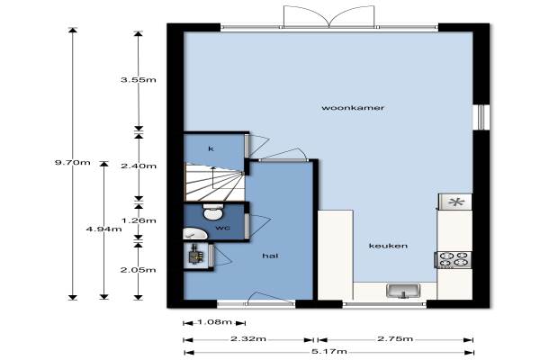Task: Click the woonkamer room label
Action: (x=353, y=108)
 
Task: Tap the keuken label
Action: (x=388, y=246)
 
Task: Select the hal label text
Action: (x=270, y=256)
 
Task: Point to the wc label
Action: (x=223, y=228)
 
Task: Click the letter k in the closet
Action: (x=211, y=148)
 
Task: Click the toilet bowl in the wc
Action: (x=213, y=211)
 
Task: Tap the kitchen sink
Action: (x=402, y=291)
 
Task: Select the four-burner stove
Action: (x=454, y=259)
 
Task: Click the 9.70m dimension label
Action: (x=73, y=162)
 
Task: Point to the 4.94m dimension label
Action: (x=103, y=229)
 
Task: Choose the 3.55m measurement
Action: (x=138, y=80)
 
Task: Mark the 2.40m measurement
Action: (x=138, y=166)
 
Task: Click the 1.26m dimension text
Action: (x=139, y=220)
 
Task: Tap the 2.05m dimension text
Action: (x=138, y=270)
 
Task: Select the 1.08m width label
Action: (x=214, y=322)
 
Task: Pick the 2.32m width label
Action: (x=248, y=339)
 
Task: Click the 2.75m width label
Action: (x=395, y=339)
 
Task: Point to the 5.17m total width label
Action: (x=329, y=352)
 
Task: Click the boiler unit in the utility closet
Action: (x=195, y=255)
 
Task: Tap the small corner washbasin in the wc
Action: (x=194, y=234)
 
